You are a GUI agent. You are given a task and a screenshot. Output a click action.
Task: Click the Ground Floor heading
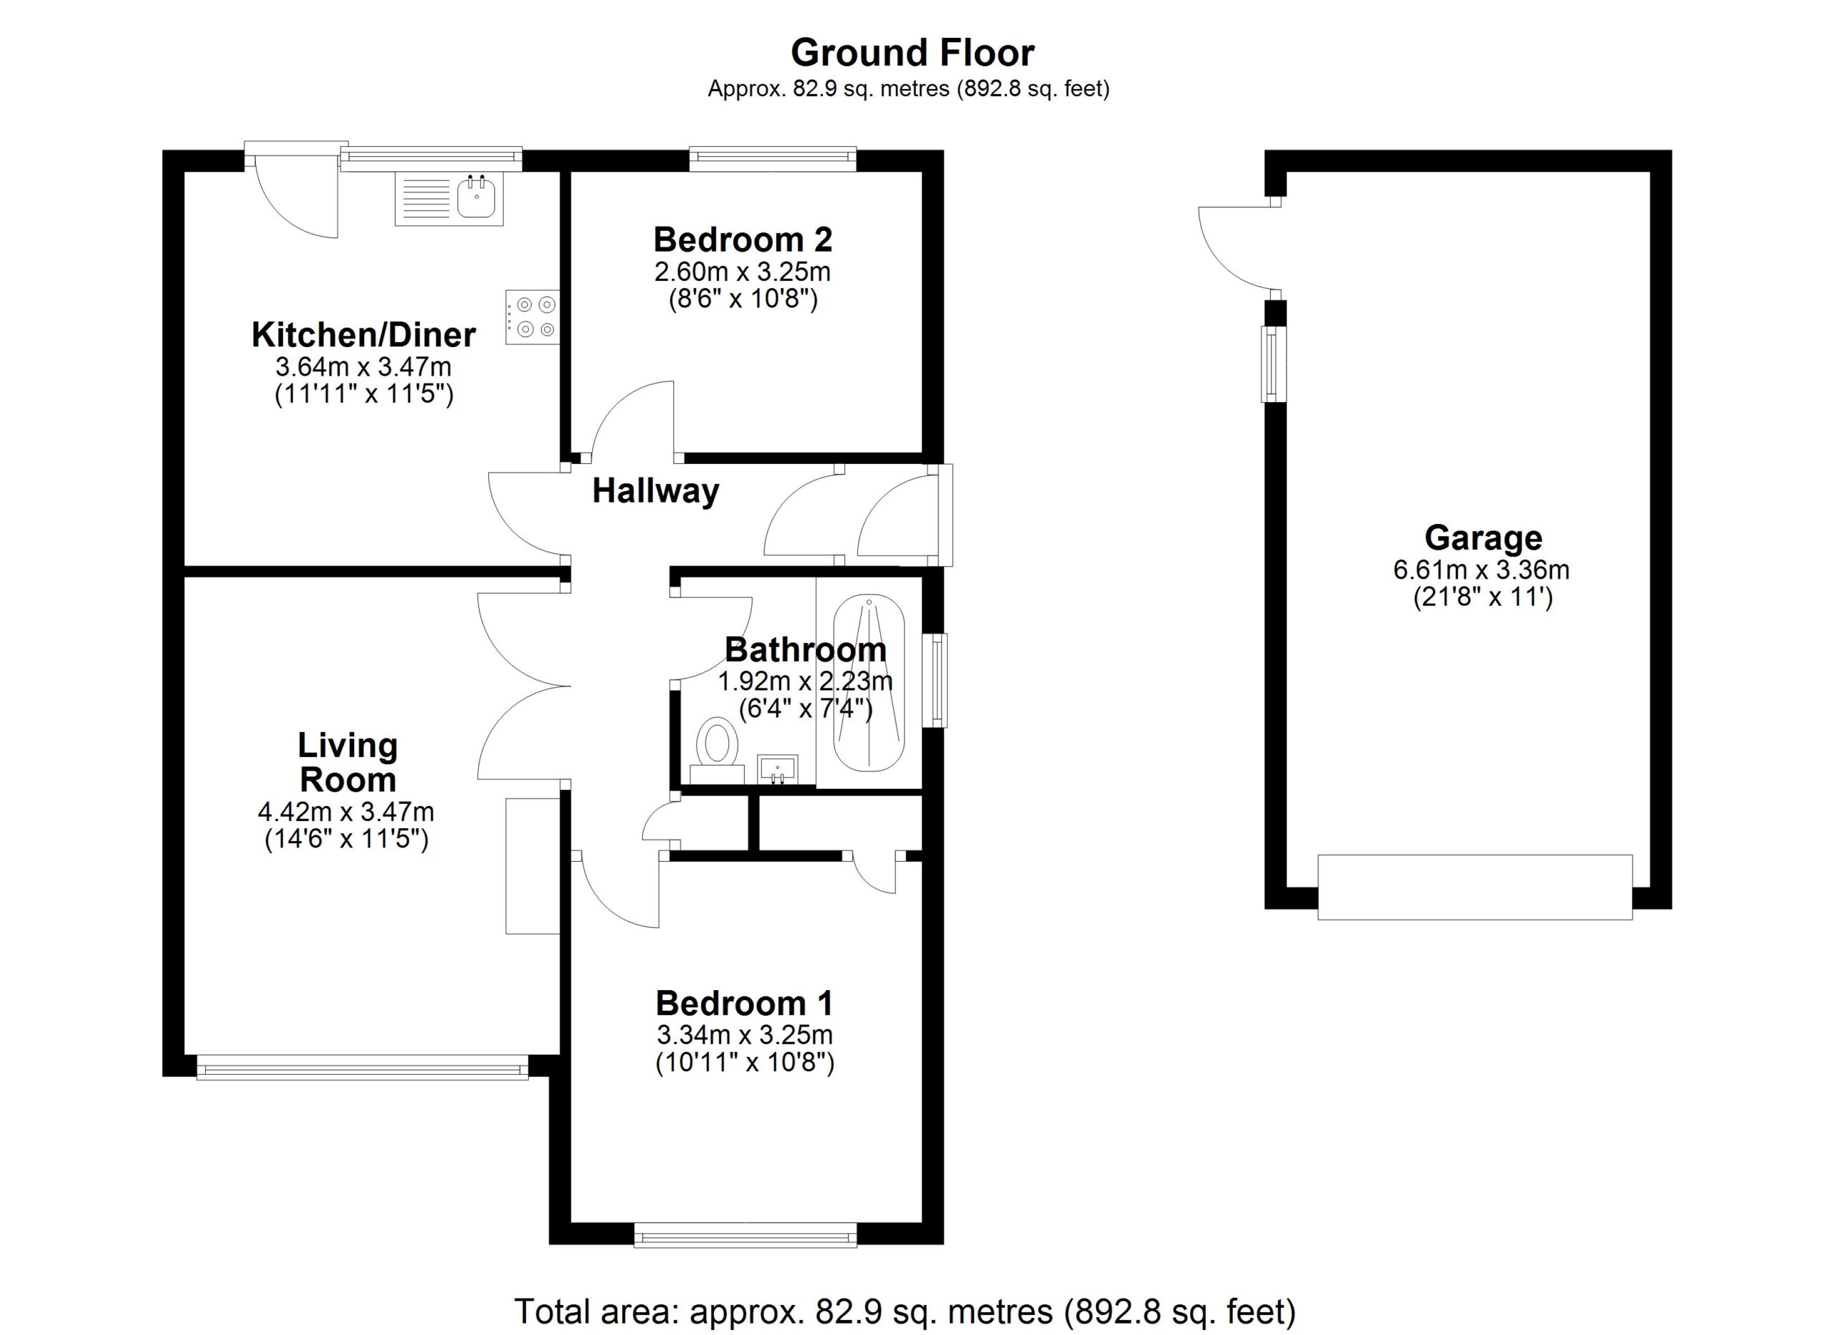point(912,53)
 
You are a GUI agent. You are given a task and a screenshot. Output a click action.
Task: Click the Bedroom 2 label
point(743,239)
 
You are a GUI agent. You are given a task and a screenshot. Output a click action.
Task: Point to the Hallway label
point(655,491)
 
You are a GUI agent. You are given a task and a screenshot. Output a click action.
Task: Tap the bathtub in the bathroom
point(869,684)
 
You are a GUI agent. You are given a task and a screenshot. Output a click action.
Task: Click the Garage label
point(1483,538)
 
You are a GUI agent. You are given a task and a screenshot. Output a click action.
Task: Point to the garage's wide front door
point(1475,887)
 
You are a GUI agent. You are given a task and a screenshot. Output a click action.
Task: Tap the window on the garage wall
point(1274,364)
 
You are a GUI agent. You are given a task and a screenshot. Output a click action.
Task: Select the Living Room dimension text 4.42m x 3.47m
point(345,811)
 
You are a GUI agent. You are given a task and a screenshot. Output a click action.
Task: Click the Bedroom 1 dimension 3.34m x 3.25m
point(744,1034)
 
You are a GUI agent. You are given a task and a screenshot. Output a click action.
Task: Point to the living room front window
point(363,1066)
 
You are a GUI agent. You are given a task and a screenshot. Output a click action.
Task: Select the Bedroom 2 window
point(773,159)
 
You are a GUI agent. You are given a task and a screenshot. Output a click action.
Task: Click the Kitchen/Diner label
point(363,335)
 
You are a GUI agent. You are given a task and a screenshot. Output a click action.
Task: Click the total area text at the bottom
point(905,1311)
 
